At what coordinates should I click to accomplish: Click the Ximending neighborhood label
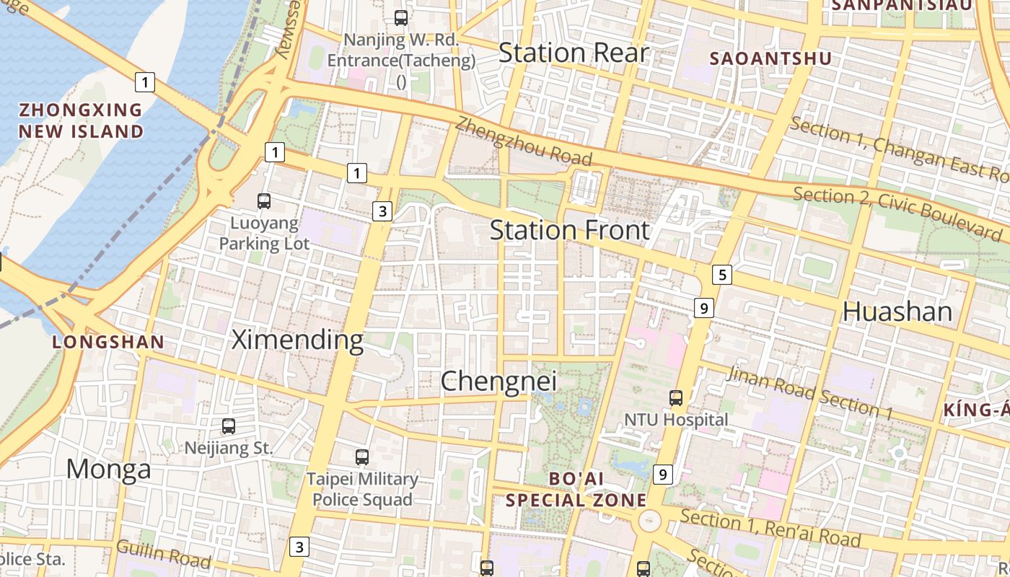[297, 340]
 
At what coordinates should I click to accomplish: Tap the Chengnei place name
[499, 382]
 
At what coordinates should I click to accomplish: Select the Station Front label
[570, 231]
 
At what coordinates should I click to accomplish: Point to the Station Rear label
[574, 53]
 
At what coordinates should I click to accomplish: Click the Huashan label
[897, 312]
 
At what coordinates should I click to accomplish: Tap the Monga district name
[109, 470]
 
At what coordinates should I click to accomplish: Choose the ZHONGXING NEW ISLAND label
[81, 120]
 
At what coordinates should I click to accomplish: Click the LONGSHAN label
[108, 342]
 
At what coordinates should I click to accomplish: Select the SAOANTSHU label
[771, 58]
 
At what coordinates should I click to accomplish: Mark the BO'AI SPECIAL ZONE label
[576, 489]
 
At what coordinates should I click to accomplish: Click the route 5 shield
[721, 274]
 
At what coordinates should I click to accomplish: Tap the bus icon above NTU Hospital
[676, 397]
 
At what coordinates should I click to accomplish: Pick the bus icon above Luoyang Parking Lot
[264, 201]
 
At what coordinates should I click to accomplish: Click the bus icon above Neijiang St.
[229, 426]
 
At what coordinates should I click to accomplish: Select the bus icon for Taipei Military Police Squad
[362, 457]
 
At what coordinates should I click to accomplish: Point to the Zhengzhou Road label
[523, 142]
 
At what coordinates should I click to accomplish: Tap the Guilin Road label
[163, 554]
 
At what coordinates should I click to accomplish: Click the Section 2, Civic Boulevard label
[897, 213]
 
